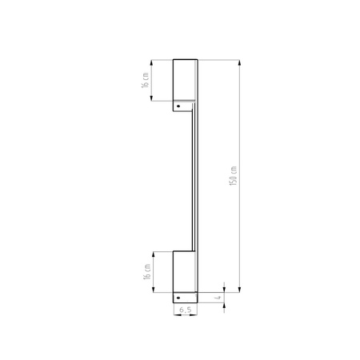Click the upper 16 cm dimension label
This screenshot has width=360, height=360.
pos(146,80)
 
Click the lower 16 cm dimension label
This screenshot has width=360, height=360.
pos(147,271)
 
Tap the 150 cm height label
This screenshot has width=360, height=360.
pos(233,176)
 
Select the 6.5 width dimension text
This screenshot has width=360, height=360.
pos(186,310)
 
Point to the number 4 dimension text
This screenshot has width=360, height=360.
pos(218,298)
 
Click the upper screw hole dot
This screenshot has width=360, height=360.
pos(178,106)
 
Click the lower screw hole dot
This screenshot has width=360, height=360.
pos(178,298)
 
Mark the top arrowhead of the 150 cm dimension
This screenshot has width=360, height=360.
pos(239,62)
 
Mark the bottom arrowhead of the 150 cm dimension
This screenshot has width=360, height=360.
pos(239,290)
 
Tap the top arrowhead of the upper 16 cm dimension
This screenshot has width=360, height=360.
pos(151,62)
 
